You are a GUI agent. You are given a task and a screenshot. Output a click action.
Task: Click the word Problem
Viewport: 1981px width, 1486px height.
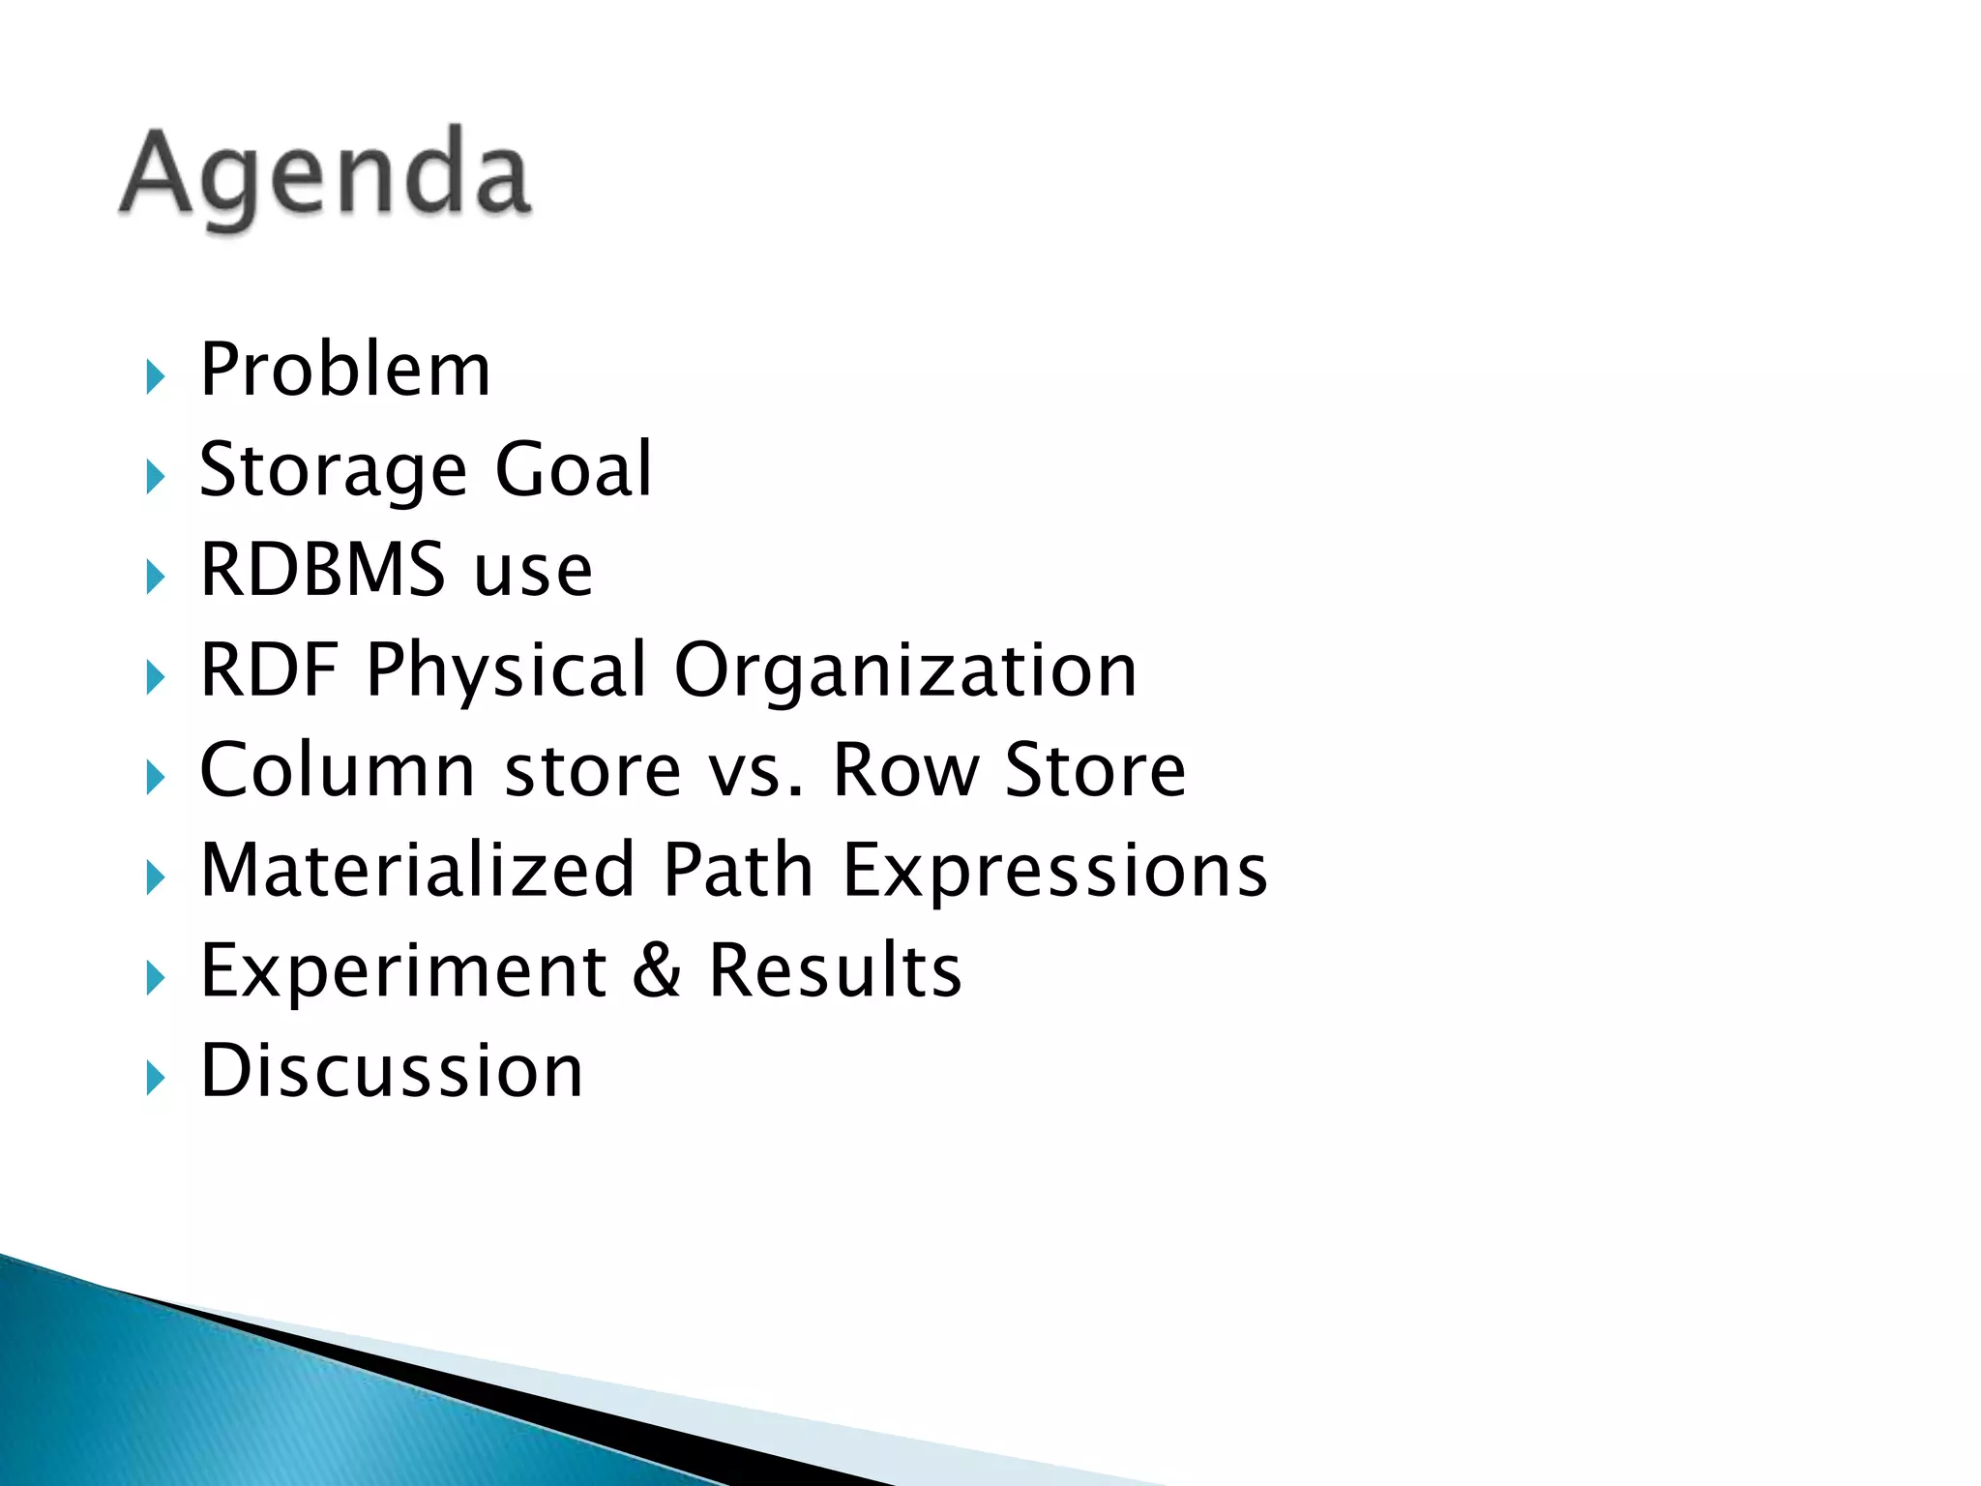(x=345, y=371)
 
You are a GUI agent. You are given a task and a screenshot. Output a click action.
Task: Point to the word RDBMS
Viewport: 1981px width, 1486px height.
(x=323, y=570)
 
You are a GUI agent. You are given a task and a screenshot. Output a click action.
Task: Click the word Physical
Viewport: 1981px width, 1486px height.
(x=506, y=670)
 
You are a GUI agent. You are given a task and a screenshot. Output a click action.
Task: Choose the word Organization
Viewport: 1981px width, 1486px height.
(x=905, y=670)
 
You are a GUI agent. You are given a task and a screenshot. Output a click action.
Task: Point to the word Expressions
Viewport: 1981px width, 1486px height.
(x=1055, y=872)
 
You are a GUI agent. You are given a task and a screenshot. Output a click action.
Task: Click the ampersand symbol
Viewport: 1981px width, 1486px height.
(x=658, y=970)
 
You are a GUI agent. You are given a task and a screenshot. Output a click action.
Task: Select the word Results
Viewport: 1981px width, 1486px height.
(x=835, y=970)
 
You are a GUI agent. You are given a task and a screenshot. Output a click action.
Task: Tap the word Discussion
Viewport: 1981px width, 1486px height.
(x=392, y=1071)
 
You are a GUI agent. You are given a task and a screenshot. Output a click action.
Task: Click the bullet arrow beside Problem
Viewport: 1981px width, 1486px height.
(x=155, y=376)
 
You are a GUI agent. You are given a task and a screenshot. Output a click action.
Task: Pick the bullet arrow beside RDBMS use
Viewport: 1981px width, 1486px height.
(x=155, y=577)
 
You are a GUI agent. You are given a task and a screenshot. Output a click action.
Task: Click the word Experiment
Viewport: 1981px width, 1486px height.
(x=403, y=972)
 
